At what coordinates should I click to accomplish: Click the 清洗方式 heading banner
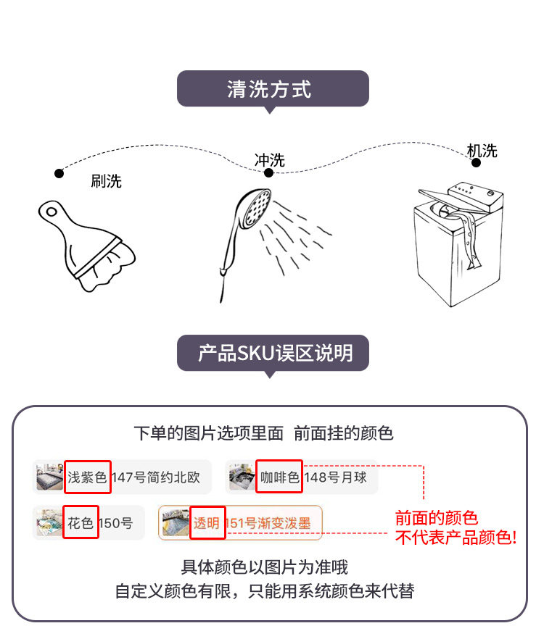click(273, 89)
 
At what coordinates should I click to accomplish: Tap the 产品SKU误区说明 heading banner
click(273, 354)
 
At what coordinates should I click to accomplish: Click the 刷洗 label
click(106, 181)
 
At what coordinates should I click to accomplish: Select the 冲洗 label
click(269, 160)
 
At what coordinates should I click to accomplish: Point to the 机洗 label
click(482, 151)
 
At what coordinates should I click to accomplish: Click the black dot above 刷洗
click(59, 173)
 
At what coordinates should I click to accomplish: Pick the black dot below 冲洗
click(268, 172)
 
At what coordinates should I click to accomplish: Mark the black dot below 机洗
click(476, 163)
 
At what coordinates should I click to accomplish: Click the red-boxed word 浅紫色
click(87, 477)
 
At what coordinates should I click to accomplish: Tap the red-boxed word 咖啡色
click(279, 477)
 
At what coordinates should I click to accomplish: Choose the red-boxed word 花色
click(81, 522)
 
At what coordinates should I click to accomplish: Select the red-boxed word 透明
click(207, 522)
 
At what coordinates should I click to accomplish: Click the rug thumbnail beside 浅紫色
click(49, 477)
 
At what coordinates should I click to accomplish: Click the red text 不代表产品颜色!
click(456, 538)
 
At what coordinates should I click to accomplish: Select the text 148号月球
click(336, 477)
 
